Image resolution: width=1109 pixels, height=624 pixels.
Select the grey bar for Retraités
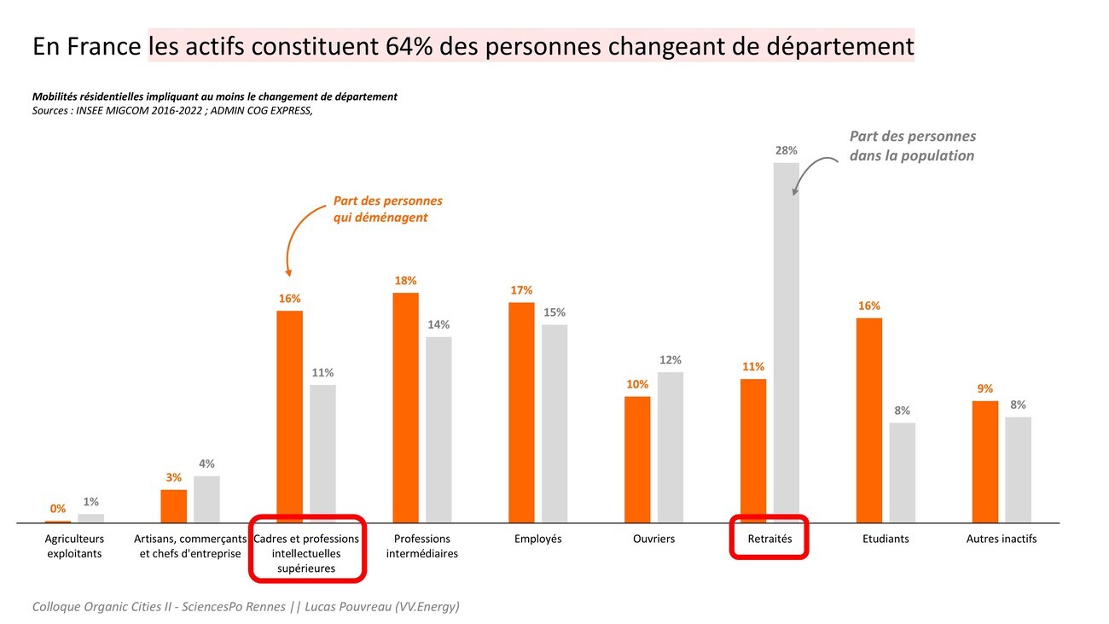tap(786, 341)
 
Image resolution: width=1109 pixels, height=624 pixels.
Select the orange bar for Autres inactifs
tap(985, 461)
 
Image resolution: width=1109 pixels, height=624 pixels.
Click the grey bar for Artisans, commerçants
tap(206, 499)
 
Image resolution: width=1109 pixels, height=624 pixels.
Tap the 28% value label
tap(786, 150)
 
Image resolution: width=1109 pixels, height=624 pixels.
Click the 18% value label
tap(405, 281)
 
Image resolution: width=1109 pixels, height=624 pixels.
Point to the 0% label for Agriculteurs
tap(58, 509)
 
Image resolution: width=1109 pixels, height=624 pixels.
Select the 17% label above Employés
tap(521, 290)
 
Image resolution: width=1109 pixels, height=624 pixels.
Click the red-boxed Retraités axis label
tap(769, 539)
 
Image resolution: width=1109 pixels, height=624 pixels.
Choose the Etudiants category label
tap(885, 539)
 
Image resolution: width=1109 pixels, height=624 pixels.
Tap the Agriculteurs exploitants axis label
tap(74, 546)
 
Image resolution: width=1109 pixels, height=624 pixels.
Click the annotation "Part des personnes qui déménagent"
tap(387, 209)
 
